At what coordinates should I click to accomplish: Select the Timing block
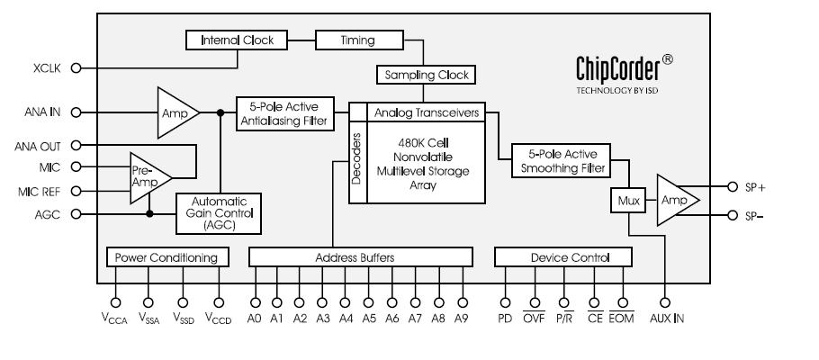[x=345, y=40]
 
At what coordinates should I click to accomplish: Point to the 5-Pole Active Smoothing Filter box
[x=559, y=159]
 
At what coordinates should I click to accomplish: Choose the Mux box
[x=627, y=202]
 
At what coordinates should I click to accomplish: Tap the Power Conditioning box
[x=166, y=258]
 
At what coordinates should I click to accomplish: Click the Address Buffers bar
[x=359, y=258]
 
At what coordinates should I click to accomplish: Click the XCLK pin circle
[x=76, y=67]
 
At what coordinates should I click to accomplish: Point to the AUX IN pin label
[x=667, y=319]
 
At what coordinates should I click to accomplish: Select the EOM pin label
[x=621, y=319]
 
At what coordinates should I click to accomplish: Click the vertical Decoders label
[x=356, y=160]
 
